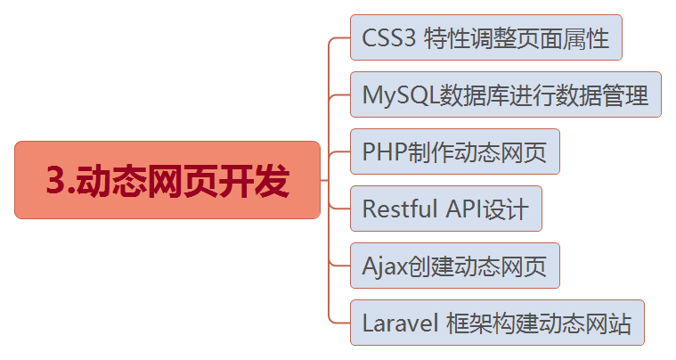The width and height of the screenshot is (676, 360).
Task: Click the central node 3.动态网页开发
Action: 167,180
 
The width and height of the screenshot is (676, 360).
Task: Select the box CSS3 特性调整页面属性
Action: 485,38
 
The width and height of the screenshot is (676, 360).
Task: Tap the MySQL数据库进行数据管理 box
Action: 505,94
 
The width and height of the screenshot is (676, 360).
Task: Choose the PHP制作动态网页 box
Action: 454,151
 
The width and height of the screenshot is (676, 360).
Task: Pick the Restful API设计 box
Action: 445,209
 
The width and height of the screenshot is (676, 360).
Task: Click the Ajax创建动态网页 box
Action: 454,266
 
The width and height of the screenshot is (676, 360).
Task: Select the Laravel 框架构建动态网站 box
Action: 496,323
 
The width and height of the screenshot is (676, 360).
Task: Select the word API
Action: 460,209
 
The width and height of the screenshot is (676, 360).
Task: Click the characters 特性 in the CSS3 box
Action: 447,39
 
